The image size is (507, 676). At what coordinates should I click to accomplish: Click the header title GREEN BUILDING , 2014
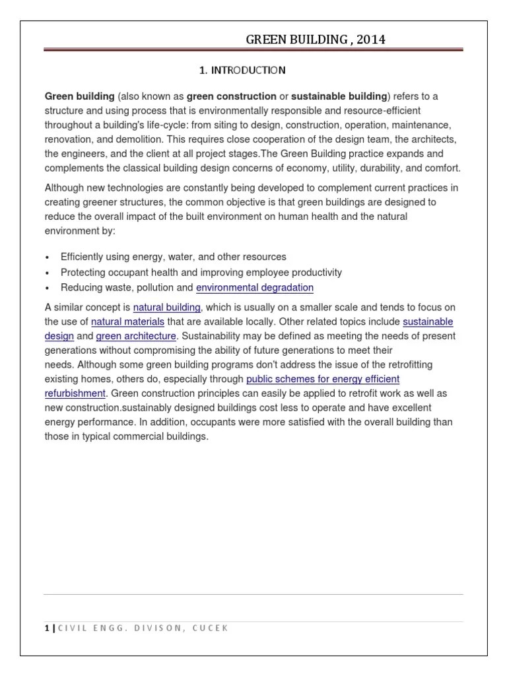[316, 40]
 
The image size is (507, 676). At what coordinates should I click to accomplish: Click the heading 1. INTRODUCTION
[242, 69]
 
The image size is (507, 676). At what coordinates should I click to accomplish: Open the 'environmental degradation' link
[255, 287]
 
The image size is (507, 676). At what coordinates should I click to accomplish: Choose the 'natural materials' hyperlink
[128, 321]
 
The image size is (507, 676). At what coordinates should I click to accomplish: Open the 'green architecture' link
[136, 336]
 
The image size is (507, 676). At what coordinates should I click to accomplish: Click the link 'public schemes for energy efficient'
[323, 379]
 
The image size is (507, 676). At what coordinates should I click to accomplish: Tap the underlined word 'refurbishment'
[75, 393]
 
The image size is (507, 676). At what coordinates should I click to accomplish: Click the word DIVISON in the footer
[156, 628]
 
